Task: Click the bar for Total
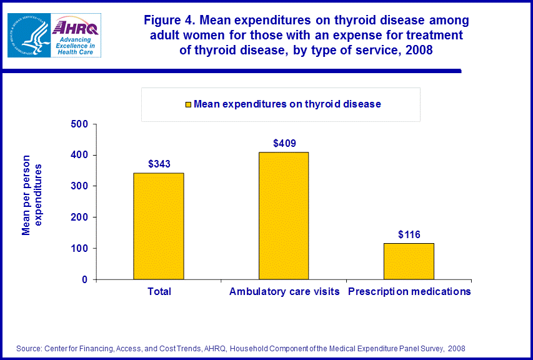tap(159, 226)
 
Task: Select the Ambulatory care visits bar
tap(284, 216)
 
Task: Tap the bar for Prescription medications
tap(409, 261)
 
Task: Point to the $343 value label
tap(159, 164)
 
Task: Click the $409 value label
tap(284, 143)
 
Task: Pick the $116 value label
tap(409, 234)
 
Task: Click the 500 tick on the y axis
tap(79, 124)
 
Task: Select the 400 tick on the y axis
tap(79, 155)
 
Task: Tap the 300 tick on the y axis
tap(79, 186)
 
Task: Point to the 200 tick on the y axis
tap(79, 217)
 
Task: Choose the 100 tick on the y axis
tap(79, 249)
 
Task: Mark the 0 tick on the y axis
tap(84, 280)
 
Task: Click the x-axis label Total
tap(159, 292)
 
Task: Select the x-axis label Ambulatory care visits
tap(284, 292)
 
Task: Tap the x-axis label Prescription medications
tap(409, 292)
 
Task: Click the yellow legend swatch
tap(187, 104)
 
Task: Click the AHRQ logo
tap(76, 36)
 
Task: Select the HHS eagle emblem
tap(28, 35)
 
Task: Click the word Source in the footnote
tap(27, 348)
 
